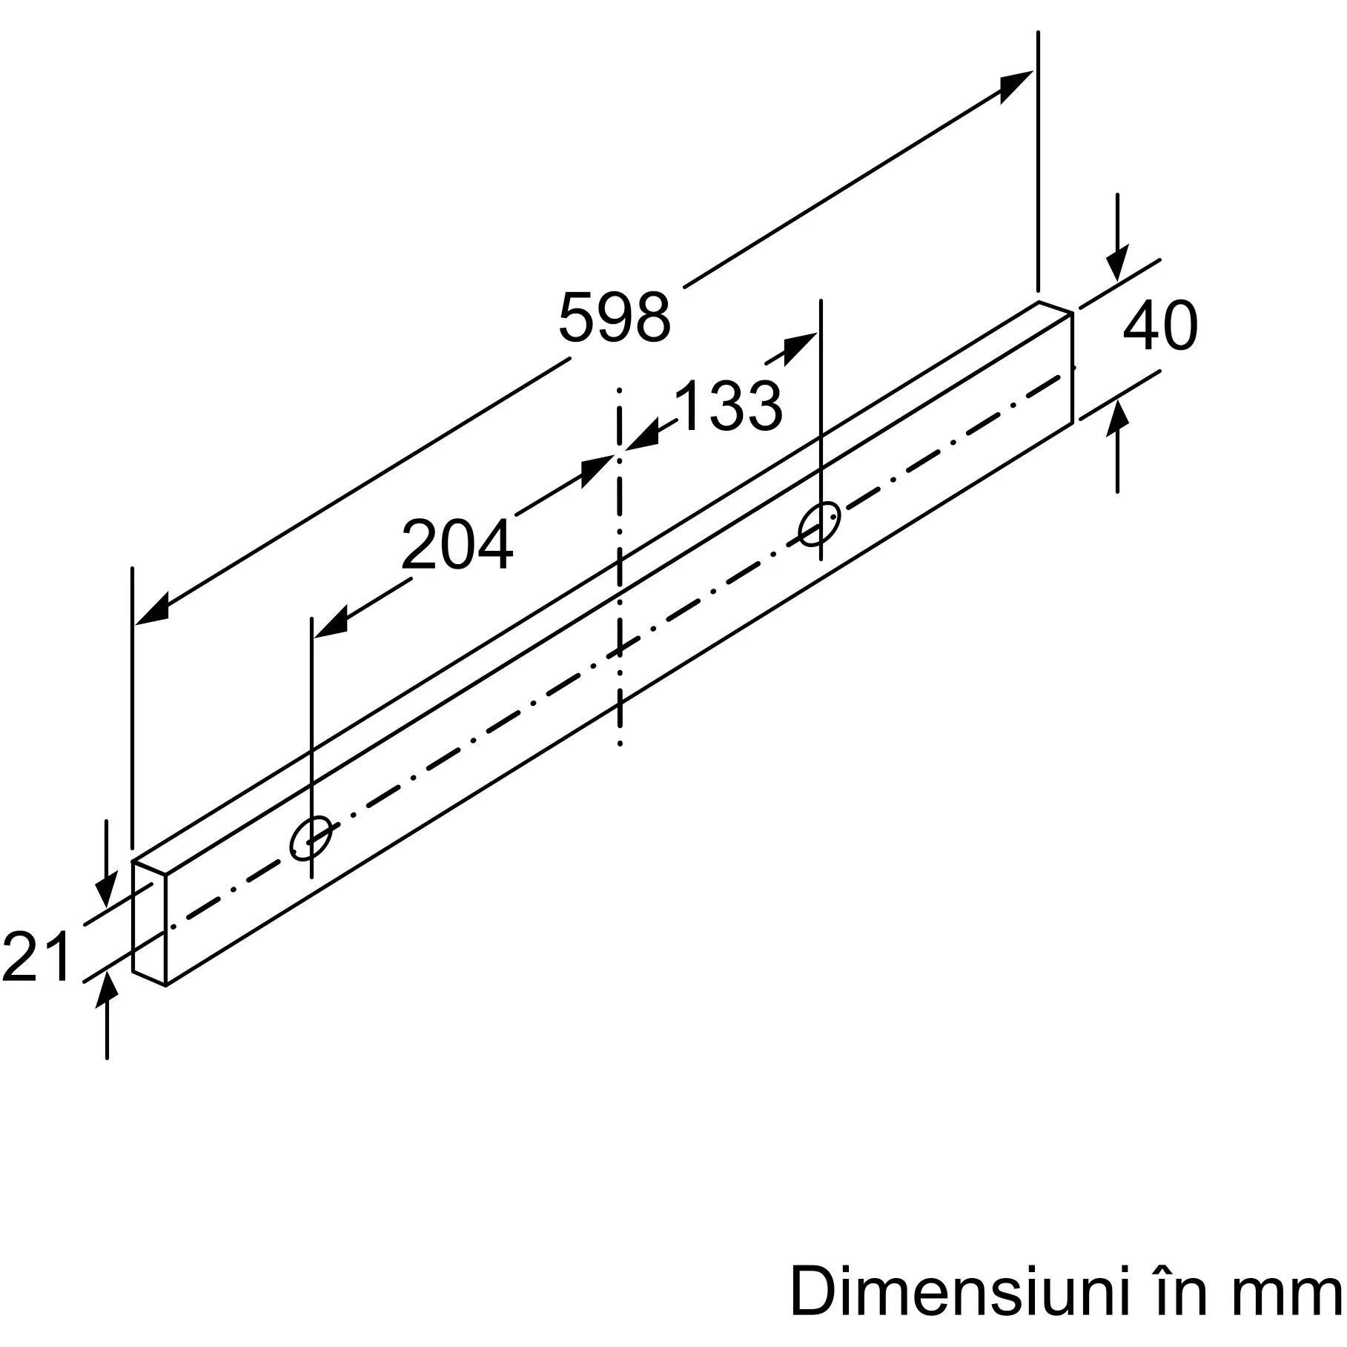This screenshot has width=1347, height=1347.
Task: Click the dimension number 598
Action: tap(615, 317)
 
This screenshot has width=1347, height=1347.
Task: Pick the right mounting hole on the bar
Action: tap(819, 523)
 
